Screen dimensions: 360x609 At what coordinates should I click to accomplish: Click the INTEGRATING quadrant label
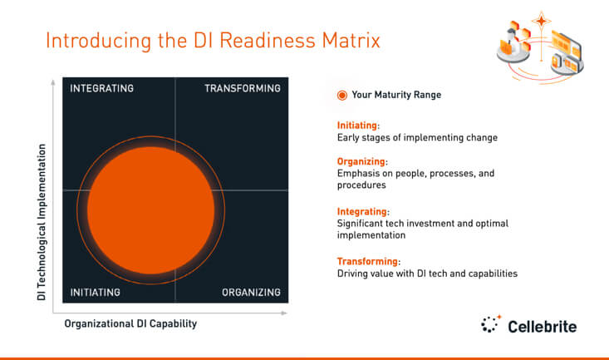point(101,88)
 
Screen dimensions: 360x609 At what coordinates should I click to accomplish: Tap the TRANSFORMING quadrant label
point(242,88)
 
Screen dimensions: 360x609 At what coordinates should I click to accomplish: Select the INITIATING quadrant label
point(96,292)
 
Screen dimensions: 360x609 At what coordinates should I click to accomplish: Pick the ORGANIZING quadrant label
point(251,292)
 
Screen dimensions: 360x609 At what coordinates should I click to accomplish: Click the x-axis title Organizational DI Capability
point(130,323)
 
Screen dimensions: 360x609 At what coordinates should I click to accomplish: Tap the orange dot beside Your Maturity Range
point(341,95)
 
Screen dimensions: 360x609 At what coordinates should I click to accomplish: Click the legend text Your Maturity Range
point(396,95)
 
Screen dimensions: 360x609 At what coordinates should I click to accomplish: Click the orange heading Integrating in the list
point(362,212)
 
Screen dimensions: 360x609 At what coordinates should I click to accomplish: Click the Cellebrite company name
point(542,325)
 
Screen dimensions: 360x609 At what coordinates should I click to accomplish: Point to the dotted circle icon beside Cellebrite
point(491,324)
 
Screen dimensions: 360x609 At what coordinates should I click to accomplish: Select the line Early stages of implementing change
point(417,137)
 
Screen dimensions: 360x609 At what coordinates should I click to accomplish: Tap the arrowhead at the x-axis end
point(285,313)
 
